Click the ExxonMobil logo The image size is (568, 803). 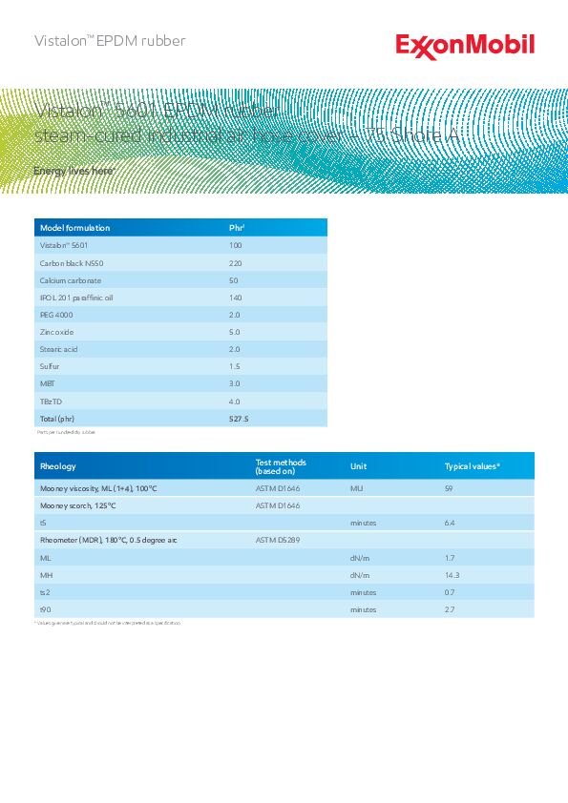pyautogui.click(x=465, y=46)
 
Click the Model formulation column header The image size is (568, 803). pyautogui.click(x=74, y=228)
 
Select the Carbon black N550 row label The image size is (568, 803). pyautogui.click(x=69, y=262)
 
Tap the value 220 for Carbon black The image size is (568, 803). pyautogui.click(x=235, y=262)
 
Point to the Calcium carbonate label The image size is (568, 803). pyautogui.click(x=70, y=280)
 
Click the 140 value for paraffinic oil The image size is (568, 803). pyautogui.click(x=235, y=298)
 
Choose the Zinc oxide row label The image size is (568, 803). pyautogui.click(x=56, y=332)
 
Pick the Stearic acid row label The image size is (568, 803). pyautogui.click(x=58, y=349)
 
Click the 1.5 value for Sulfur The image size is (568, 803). pyautogui.click(x=235, y=366)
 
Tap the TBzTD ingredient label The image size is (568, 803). pyautogui.click(x=50, y=401)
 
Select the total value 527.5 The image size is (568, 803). pyautogui.click(x=239, y=419)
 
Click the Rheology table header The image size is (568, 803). pyautogui.click(x=57, y=466)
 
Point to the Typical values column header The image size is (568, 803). pyautogui.click(x=473, y=466)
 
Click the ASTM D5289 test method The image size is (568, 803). pyautogui.click(x=278, y=540)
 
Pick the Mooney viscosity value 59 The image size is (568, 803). pyautogui.click(x=449, y=488)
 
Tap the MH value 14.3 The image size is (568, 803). pyautogui.click(x=452, y=575)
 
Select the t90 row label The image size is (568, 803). pyautogui.click(x=45, y=609)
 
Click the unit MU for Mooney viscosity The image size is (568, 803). pyautogui.click(x=356, y=488)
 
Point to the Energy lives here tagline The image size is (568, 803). pyautogui.click(x=74, y=171)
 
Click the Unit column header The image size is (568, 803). pyautogui.click(x=358, y=466)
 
